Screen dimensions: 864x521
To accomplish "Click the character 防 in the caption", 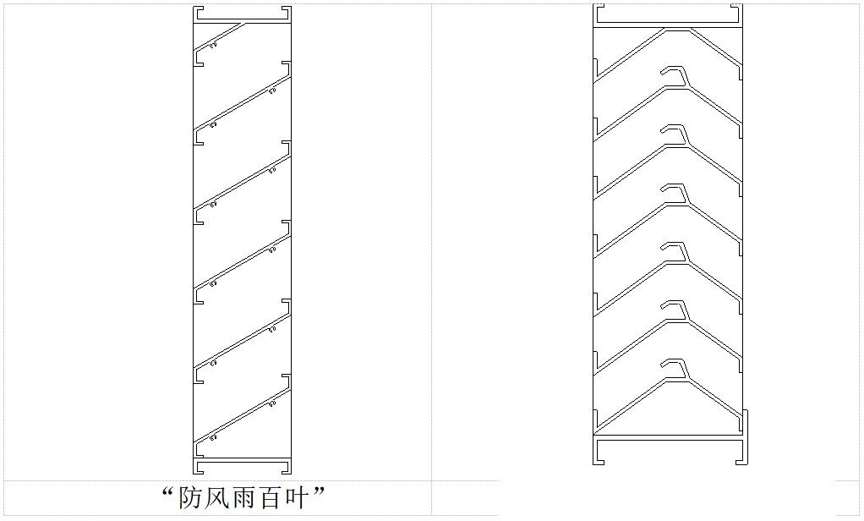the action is click(191, 498).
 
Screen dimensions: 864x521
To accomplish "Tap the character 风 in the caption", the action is click(219, 498).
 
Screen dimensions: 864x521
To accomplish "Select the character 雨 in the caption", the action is click(247, 498).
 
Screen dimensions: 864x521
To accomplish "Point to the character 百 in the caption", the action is click(275, 498).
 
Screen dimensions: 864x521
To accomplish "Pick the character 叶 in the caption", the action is click(302, 498).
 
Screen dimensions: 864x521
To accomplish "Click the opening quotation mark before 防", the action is click(168, 491).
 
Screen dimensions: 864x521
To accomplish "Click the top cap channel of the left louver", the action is click(243, 14).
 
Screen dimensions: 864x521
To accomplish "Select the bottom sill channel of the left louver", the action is click(243, 467).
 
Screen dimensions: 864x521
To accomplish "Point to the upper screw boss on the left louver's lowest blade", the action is click(272, 404).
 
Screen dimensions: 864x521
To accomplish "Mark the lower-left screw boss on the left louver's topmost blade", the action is click(213, 45).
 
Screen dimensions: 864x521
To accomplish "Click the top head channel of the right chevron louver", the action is click(669, 14).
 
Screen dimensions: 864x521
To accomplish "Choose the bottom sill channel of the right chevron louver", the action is click(669, 449).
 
